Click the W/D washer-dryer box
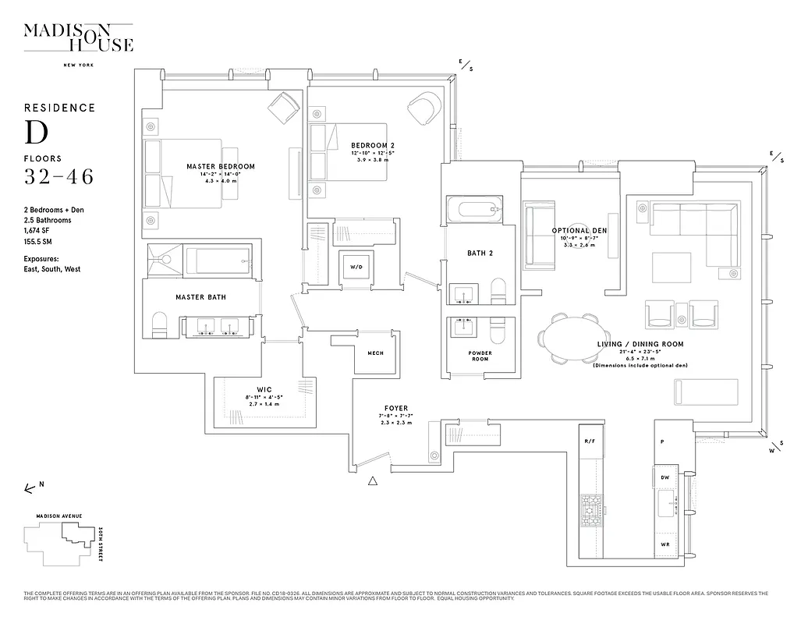click(356, 267)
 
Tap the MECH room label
click(375, 353)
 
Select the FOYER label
click(396, 408)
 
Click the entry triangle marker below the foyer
click(374, 481)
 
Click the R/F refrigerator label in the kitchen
click(590, 441)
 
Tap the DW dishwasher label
click(665, 477)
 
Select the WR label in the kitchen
click(665, 544)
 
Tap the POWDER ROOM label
click(480, 356)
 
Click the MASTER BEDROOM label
click(221, 167)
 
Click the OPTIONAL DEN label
click(579, 231)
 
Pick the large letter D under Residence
click(36, 132)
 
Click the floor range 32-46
click(58, 177)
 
